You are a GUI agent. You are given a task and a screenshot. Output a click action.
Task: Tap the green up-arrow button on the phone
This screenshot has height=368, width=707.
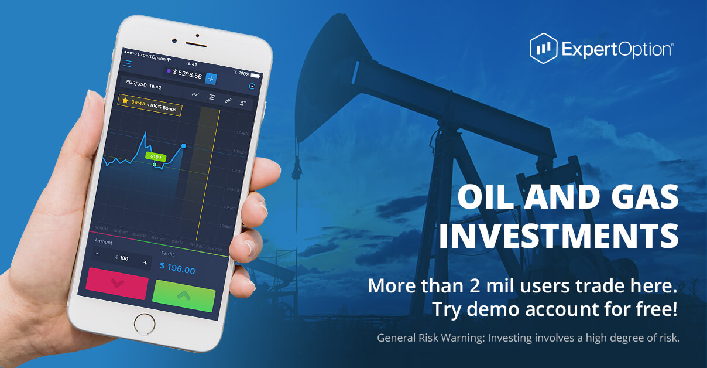click(x=184, y=295)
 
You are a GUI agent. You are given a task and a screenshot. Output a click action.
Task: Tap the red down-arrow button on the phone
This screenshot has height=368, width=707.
click(x=116, y=283)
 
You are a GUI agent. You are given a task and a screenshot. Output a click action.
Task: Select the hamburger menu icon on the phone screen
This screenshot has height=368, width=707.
click(x=128, y=63)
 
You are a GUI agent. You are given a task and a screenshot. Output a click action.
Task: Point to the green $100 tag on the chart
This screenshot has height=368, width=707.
click(x=156, y=157)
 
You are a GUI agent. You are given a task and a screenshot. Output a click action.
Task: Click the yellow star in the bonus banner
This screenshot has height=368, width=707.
click(x=125, y=100)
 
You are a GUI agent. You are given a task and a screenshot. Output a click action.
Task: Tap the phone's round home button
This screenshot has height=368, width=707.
click(x=145, y=323)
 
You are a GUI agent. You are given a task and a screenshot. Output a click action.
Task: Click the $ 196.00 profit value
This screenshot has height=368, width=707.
click(x=177, y=270)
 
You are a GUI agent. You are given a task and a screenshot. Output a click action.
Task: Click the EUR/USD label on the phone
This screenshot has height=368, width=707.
click(x=136, y=84)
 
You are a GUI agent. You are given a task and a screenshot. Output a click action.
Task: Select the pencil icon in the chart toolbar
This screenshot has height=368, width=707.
click(x=228, y=100)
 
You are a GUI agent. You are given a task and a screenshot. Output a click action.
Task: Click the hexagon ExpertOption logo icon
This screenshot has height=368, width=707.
click(x=543, y=48)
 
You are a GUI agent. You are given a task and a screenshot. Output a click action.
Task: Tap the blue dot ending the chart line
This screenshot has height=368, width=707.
click(x=184, y=145)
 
